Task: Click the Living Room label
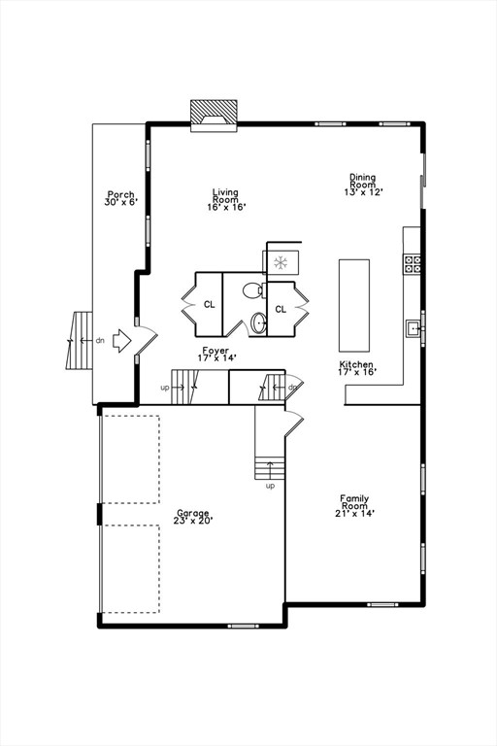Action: coord(226,199)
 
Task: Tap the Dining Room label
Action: coord(363,185)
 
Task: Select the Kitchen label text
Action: coord(356,367)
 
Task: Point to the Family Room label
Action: coord(354,506)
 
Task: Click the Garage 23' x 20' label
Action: coord(193,517)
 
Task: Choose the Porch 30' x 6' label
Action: coord(121,198)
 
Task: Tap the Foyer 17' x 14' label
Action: coord(215,355)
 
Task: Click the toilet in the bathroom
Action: coord(251,289)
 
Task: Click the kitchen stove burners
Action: coord(413,263)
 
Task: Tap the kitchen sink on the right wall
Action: coord(414,328)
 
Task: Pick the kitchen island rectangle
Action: coord(354,304)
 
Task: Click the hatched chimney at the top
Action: coord(213,113)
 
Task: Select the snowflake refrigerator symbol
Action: coord(280,262)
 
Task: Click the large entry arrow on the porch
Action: coord(121,341)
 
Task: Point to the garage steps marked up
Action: coord(270,467)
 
